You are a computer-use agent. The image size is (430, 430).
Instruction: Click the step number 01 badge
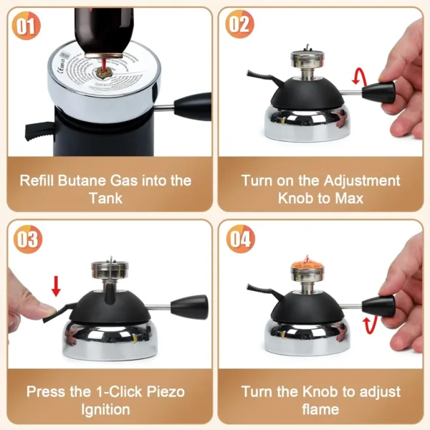(26, 27)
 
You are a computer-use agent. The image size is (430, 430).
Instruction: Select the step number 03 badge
(27, 238)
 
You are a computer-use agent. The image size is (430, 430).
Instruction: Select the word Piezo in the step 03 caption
(166, 392)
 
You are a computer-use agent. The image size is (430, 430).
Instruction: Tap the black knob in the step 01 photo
(192, 106)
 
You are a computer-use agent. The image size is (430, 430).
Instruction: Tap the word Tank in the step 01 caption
(107, 198)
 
